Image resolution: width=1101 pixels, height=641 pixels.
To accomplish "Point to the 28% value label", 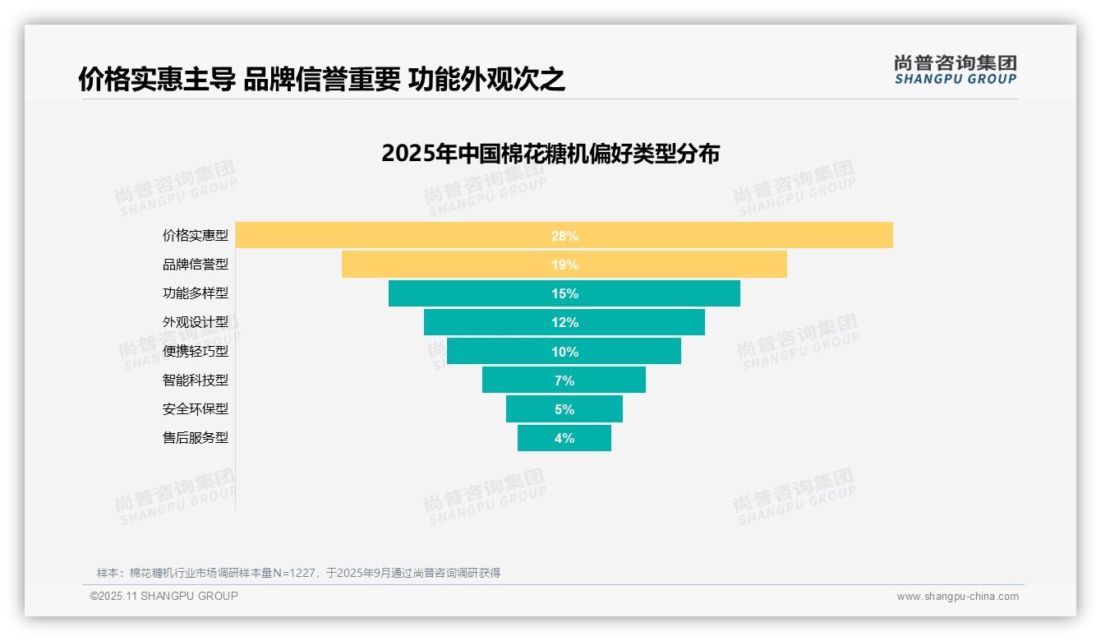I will click(564, 236).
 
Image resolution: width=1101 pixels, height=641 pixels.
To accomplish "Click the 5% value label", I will click(564, 409).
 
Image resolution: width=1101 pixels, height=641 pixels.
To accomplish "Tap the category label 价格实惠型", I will click(196, 236).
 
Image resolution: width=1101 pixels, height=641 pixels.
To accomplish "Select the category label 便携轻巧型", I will click(196, 352).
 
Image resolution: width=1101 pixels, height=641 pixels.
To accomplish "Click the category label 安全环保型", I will click(196, 409).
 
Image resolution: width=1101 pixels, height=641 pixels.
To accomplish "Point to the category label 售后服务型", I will click(196, 438).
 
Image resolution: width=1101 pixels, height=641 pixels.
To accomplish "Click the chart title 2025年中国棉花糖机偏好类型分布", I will click(550, 154).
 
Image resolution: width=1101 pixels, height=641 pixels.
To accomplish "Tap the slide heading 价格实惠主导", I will click(157, 80).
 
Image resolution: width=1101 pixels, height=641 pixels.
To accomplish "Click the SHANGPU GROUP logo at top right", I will click(955, 70).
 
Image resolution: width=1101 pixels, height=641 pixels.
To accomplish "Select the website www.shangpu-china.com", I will click(957, 597).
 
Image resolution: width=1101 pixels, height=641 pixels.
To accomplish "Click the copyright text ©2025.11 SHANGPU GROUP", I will click(164, 596).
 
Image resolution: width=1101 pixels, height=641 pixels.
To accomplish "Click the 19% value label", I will click(564, 265).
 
